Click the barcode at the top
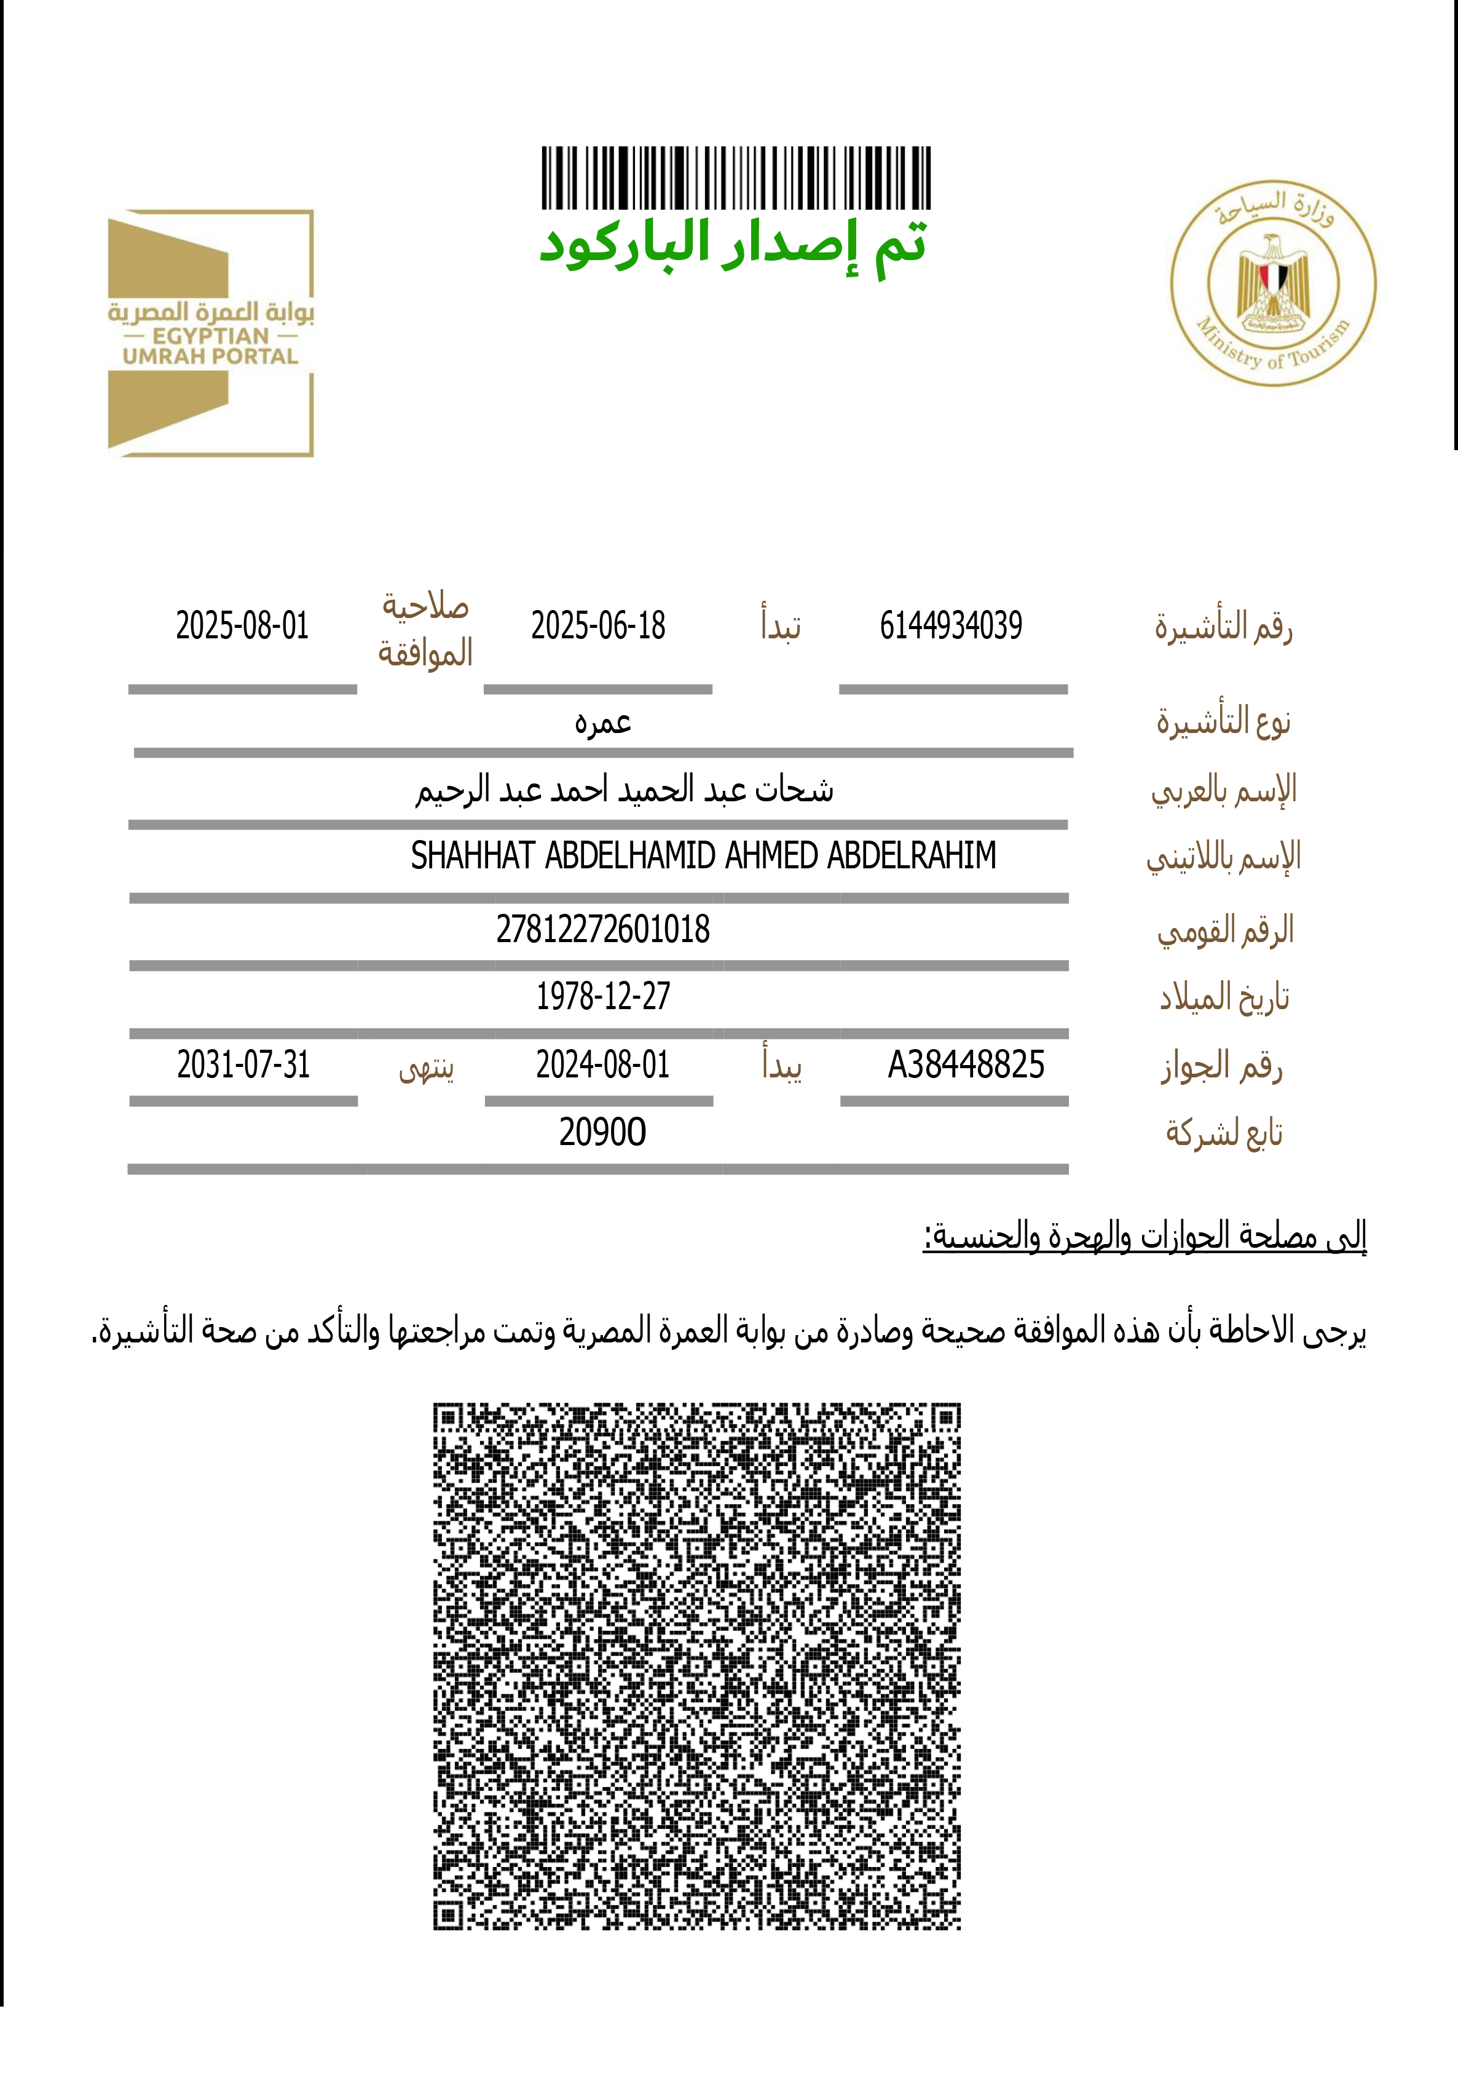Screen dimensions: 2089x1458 coord(736,178)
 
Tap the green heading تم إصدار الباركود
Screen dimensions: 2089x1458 coord(733,245)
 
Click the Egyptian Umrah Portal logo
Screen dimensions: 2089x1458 coord(211,333)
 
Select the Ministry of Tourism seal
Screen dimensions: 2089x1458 coord(1272,283)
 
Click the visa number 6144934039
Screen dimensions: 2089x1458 coord(950,626)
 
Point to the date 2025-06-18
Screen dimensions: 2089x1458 coord(597,626)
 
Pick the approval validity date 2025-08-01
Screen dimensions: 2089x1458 coord(242,626)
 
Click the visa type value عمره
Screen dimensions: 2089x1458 coord(602,723)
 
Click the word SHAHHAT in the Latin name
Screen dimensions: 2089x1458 coord(472,855)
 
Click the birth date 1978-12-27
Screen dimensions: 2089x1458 coord(602,996)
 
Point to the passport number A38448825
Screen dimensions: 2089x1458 coord(966,1064)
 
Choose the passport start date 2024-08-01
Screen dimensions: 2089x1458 coord(602,1064)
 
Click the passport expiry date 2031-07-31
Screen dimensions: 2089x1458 coord(243,1064)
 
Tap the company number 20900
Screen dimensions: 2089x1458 coord(602,1132)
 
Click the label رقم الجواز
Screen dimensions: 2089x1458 coord(1221,1066)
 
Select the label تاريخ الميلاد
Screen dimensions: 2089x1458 coord(1224,998)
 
